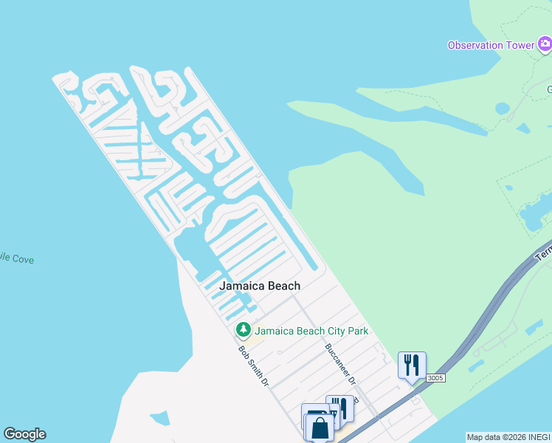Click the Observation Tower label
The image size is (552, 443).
(491, 45)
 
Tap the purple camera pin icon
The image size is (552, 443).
(545, 45)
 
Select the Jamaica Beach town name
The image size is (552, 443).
(260, 286)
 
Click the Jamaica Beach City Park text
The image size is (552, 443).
(311, 331)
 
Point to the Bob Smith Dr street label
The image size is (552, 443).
(252, 367)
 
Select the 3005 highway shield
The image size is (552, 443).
(436, 377)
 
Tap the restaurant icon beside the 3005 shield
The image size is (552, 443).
(412, 365)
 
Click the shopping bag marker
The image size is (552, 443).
(321, 427)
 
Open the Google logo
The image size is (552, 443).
(24, 434)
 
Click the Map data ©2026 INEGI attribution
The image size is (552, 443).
(508, 437)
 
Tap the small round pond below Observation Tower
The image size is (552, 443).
(503, 109)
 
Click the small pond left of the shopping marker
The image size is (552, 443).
(159, 419)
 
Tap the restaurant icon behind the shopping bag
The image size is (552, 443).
(340, 407)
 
